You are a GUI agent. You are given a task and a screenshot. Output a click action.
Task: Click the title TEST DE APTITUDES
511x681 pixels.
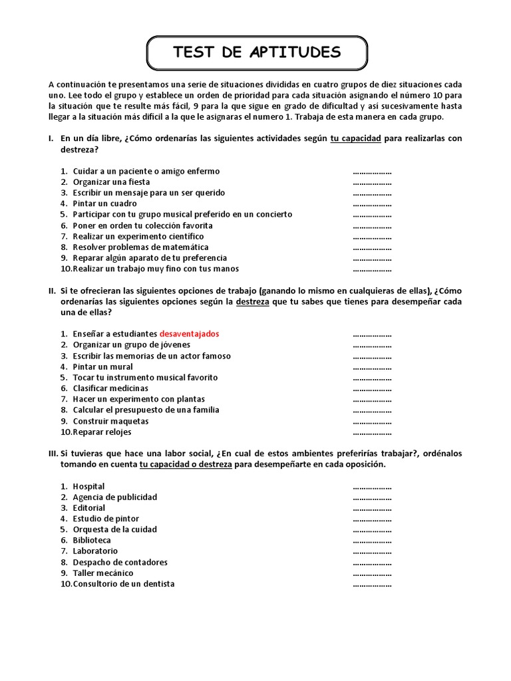tap(256, 53)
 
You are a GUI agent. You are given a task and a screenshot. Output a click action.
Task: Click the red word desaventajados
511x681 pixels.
tap(189, 334)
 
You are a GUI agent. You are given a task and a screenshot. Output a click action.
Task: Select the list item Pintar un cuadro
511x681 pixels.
tap(105, 204)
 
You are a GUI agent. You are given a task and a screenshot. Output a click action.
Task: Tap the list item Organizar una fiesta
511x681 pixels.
tap(111, 182)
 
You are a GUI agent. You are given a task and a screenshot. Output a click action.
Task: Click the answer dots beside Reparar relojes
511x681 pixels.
tap(372, 433)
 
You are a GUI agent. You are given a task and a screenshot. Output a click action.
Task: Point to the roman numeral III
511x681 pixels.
tap(53, 454)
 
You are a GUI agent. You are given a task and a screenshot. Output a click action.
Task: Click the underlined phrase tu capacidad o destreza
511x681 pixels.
tap(186, 464)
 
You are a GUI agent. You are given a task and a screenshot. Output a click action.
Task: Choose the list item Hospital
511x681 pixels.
tap(88, 486)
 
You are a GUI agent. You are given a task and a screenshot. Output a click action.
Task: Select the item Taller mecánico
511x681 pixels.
tap(103, 573)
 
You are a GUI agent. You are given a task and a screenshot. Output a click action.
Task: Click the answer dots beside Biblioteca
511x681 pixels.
tap(372, 541)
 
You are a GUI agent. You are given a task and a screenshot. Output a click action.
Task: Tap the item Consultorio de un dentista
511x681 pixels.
tap(124, 584)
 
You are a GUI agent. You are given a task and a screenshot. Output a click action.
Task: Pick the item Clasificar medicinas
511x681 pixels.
tap(110, 388)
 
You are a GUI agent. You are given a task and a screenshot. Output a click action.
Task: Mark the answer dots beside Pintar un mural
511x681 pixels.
tap(372, 367)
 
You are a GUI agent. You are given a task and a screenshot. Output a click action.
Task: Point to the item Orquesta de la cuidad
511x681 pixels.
tap(115, 529)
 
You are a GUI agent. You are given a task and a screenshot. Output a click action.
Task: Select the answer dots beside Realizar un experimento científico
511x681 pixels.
tap(372, 237)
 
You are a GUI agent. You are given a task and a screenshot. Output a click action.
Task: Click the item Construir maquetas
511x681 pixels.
tap(110, 421)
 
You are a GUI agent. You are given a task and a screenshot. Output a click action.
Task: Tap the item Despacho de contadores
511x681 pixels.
tap(120, 562)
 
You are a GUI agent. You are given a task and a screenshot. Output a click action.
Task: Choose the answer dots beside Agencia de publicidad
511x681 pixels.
tap(372, 497)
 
